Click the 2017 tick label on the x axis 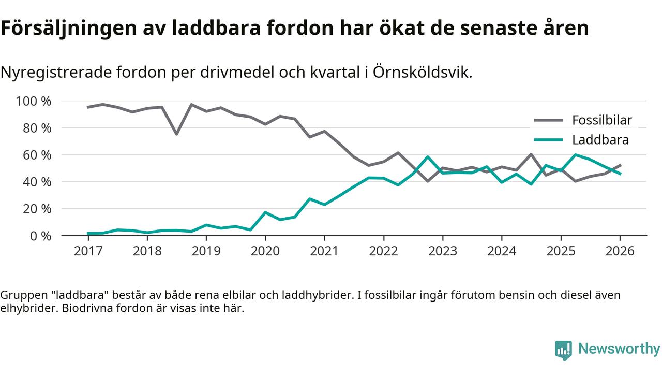(x=88, y=251)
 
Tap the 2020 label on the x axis (x=265, y=251)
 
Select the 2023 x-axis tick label (x=443, y=251)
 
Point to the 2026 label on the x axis (x=620, y=251)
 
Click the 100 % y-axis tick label (x=34, y=101)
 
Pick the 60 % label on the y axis (x=37, y=155)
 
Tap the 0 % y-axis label (x=41, y=236)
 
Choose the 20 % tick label (x=37, y=209)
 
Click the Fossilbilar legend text (x=602, y=120)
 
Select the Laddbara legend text (x=600, y=140)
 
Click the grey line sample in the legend (x=548, y=120)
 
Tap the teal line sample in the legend (x=548, y=140)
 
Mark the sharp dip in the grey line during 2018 (x=176, y=134)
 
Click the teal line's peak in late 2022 (x=428, y=156)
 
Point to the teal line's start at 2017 (x=88, y=234)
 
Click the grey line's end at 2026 (x=620, y=165)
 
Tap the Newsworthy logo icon (x=563, y=350)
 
